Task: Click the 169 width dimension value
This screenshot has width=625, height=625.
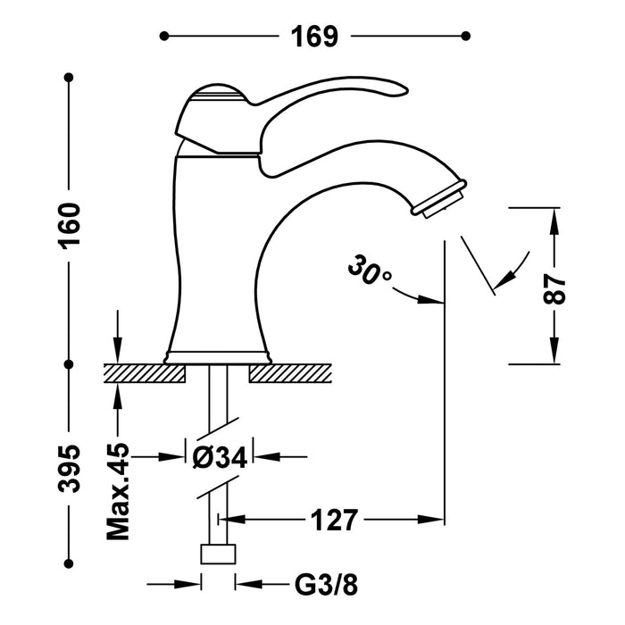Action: click(x=313, y=37)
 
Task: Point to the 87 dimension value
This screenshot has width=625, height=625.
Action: click(x=556, y=287)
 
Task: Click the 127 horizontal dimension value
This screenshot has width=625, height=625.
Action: click(x=335, y=519)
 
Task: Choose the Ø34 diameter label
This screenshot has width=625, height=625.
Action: click(x=220, y=456)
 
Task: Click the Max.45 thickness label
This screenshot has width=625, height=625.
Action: click(x=118, y=492)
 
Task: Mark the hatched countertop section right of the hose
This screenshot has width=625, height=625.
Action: click(x=295, y=372)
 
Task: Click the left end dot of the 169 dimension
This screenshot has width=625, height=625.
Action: click(x=163, y=37)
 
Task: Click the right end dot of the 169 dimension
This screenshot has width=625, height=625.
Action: click(x=465, y=37)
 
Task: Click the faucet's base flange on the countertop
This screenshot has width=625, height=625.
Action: click(x=219, y=357)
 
